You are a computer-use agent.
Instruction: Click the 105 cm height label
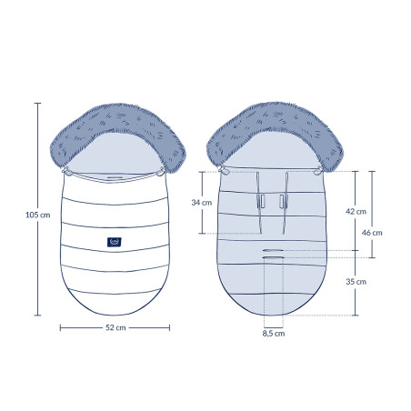pyautogui.click(x=38, y=215)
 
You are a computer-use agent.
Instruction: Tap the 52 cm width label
pyautogui.click(x=115, y=327)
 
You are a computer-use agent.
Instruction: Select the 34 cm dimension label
pyautogui.click(x=202, y=203)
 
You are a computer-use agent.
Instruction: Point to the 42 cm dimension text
pyautogui.click(x=356, y=211)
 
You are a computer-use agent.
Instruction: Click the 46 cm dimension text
pyautogui.click(x=372, y=233)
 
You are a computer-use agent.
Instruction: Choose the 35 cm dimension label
pyautogui.click(x=356, y=282)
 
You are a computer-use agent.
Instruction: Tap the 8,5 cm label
pyautogui.click(x=274, y=334)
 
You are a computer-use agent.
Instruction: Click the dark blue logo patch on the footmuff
pyautogui.click(x=115, y=242)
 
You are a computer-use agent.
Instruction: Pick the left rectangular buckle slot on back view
pyautogui.click(x=261, y=201)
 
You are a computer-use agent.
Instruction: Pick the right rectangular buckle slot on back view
pyautogui.click(x=282, y=201)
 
